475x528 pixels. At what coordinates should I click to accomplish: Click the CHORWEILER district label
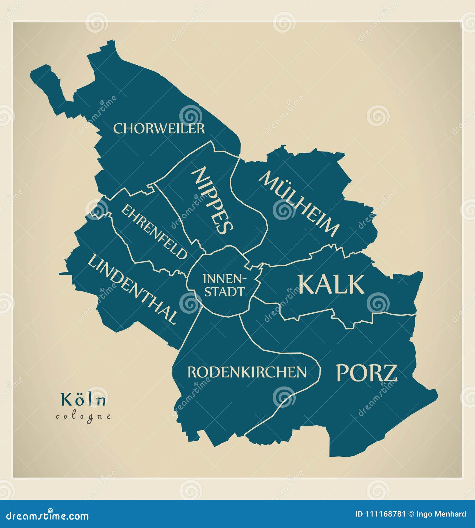coord(159,129)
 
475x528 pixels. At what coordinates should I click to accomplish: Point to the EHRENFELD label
coord(154,232)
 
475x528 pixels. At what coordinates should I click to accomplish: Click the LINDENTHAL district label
coord(132,289)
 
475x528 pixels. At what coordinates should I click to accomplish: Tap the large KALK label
coord(331,284)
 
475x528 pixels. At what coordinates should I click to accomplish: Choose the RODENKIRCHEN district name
coord(247,372)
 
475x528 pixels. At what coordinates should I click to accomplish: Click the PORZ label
coord(366,373)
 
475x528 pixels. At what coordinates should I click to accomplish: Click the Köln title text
coord(83,400)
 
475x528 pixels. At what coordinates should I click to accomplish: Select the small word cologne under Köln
coord(83,416)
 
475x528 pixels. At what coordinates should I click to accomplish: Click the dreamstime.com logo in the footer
coord(47,515)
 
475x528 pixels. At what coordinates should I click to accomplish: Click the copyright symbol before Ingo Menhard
coord(411,514)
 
